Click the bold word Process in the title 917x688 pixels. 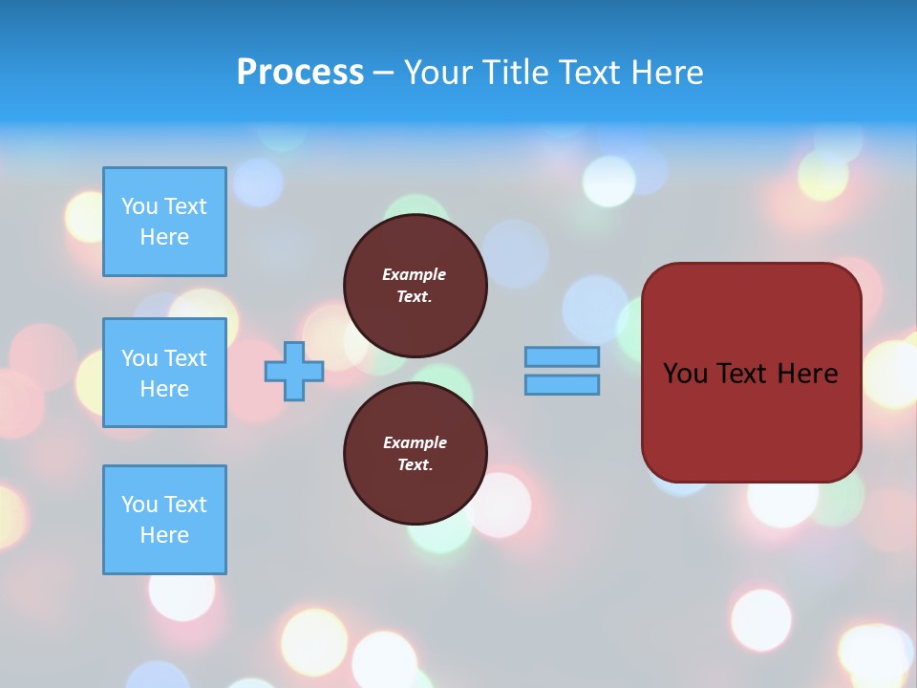pos(300,73)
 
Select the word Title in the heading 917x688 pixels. pos(515,73)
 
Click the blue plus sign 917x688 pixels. pos(294,371)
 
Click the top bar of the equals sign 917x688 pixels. pos(562,356)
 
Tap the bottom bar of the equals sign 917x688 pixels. pos(562,385)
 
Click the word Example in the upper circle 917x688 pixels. pos(415,274)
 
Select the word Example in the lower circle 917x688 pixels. pos(415,442)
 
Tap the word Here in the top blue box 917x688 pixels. pos(164,237)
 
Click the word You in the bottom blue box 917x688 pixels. pos(139,505)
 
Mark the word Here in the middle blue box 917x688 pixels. pos(164,389)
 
